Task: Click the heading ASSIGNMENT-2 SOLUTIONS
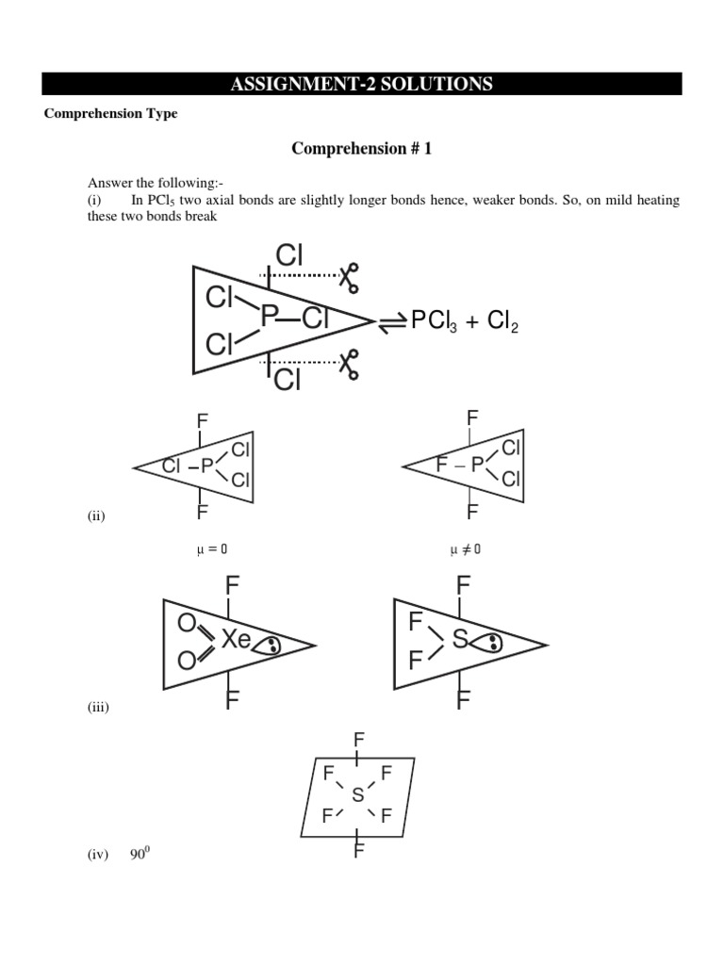click(361, 85)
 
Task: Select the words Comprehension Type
click(111, 114)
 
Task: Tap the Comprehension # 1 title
click(361, 148)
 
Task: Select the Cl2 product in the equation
click(501, 322)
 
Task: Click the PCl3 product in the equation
click(433, 322)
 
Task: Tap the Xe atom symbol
click(236, 641)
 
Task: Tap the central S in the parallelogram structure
click(357, 796)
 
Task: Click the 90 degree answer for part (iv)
click(140, 854)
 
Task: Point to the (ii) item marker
click(94, 515)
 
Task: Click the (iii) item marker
click(96, 708)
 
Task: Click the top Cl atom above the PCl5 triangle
click(289, 254)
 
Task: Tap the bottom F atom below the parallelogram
click(358, 852)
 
